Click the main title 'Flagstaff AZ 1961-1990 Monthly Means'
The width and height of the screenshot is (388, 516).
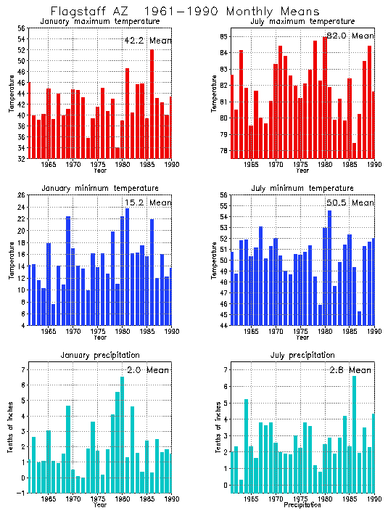click(x=184, y=12)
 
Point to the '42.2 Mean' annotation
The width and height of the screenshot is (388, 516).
click(x=147, y=41)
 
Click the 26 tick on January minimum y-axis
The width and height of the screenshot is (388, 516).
click(x=22, y=195)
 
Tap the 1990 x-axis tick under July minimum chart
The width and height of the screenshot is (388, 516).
click(x=374, y=332)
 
